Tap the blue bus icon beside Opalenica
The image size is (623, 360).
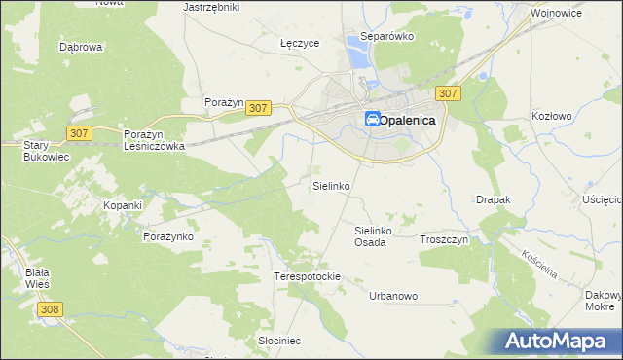click(x=373, y=120)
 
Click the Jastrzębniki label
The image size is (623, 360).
click(x=211, y=6)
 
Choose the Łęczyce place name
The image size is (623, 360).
click(x=300, y=43)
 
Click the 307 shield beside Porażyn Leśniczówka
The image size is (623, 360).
click(x=81, y=131)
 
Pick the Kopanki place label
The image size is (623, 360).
click(x=124, y=205)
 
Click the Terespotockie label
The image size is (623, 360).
click(x=307, y=276)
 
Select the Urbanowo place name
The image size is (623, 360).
click(x=393, y=295)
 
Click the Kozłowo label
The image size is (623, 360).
click(x=551, y=115)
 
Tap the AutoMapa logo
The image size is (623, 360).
click(x=559, y=341)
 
